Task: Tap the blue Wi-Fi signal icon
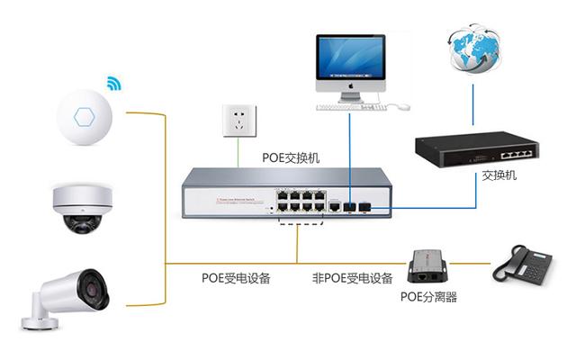click(114, 85)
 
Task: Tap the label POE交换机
click(291, 157)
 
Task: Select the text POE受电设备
click(236, 278)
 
